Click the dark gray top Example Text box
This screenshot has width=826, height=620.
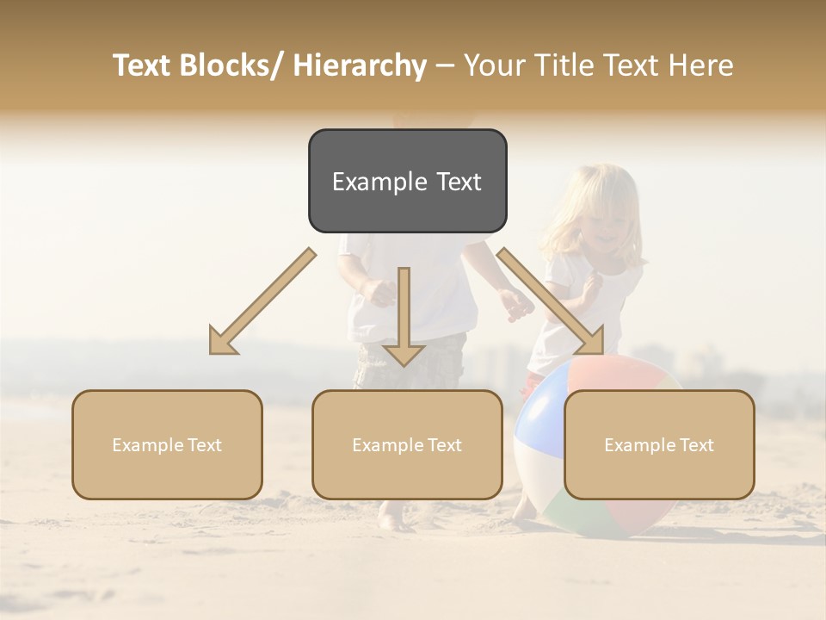407,181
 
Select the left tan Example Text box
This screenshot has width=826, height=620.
167,444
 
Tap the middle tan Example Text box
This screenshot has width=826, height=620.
407,444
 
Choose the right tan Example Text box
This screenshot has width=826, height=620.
659,444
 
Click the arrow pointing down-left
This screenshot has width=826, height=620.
262,301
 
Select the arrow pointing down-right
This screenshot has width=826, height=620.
551,301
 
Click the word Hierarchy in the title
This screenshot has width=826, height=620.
360,65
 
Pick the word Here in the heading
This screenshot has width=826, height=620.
701,65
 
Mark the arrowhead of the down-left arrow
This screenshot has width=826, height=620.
222,343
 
